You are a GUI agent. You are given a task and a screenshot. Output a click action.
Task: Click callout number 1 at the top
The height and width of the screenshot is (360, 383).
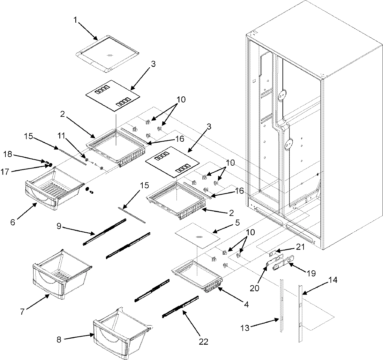tap(75, 20)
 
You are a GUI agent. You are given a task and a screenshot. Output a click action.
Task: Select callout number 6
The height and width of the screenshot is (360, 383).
tap(13, 222)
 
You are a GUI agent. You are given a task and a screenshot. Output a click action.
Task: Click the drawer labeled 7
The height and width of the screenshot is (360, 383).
tap(59, 274)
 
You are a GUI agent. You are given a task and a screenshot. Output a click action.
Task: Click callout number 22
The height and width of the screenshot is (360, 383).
tap(203, 342)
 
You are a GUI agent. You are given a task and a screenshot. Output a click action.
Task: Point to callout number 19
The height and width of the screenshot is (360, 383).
tap(311, 273)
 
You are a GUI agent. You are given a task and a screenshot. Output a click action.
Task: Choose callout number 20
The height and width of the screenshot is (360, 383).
tap(255, 288)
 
